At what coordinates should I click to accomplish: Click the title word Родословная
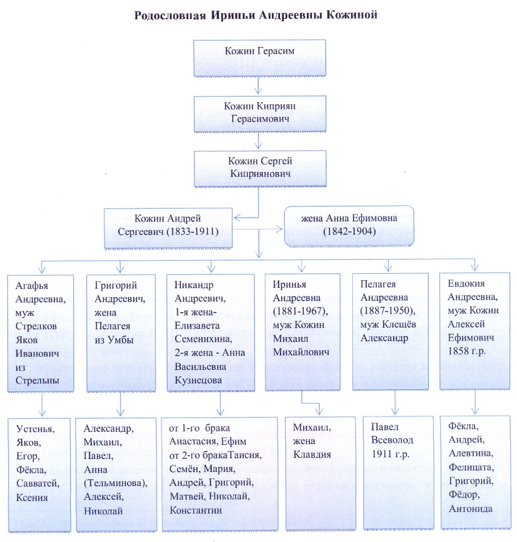click(170, 15)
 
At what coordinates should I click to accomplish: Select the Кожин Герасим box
click(259, 58)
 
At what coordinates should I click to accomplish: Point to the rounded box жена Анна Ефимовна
click(349, 225)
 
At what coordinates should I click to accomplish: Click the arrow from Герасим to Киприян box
click(258, 86)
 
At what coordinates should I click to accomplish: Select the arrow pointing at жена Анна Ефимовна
click(278, 229)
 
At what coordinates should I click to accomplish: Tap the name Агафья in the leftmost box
click(32, 285)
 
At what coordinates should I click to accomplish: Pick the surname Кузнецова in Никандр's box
click(198, 380)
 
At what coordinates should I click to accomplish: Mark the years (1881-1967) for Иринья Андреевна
click(300, 311)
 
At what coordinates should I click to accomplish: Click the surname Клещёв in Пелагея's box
click(400, 324)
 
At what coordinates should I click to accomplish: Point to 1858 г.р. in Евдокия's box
click(466, 351)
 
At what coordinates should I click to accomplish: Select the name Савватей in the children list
click(38, 484)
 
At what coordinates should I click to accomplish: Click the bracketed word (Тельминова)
click(115, 483)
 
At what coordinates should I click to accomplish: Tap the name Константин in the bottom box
click(196, 510)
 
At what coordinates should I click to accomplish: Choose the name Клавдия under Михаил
click(312, 454)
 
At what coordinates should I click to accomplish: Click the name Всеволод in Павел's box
click(392, 440)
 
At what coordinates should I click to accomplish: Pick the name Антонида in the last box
click(470, 509)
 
